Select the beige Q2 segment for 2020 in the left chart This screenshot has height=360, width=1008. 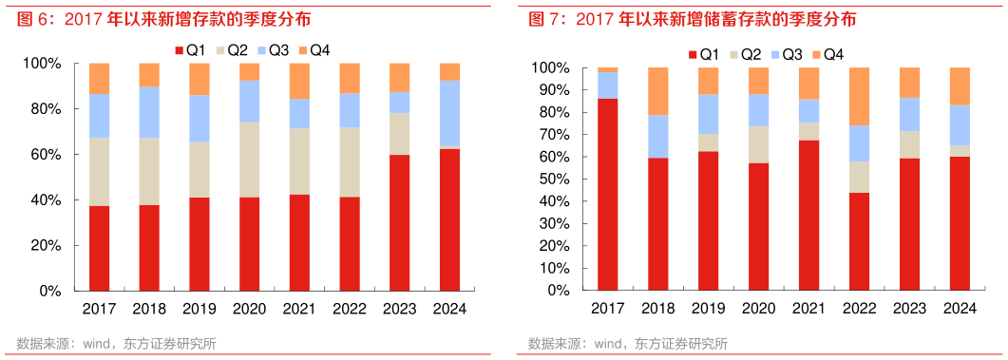(x=249, y=160)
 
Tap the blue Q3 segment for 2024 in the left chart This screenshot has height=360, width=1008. (x=450, y=113)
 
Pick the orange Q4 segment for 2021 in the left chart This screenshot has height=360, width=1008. (x=299, y=81)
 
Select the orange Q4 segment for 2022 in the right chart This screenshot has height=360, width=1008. (x=859, y=96)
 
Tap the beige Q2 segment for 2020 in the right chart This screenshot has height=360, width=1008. (x=758, y=144)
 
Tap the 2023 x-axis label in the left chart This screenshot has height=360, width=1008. (x=399, y=308)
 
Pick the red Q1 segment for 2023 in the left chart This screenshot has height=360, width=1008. (x=399, y=222)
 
